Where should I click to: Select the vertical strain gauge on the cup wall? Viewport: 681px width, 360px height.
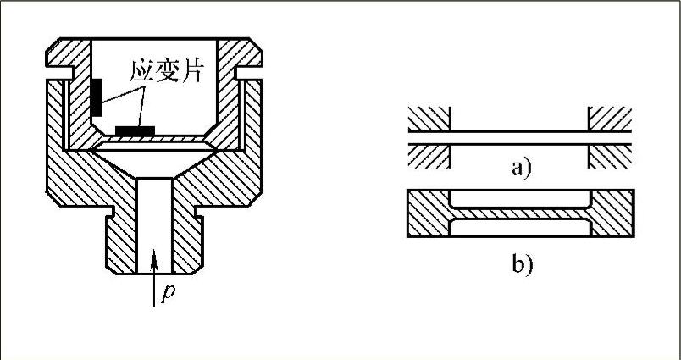click(98, 96)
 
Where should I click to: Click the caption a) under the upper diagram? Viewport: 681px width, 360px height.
click(520, 168)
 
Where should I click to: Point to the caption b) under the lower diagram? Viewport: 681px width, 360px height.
click(521, 265)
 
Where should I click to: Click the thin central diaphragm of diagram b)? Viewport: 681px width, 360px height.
click(519, 213)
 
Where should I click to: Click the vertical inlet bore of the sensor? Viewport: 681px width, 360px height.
click(154, 220)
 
